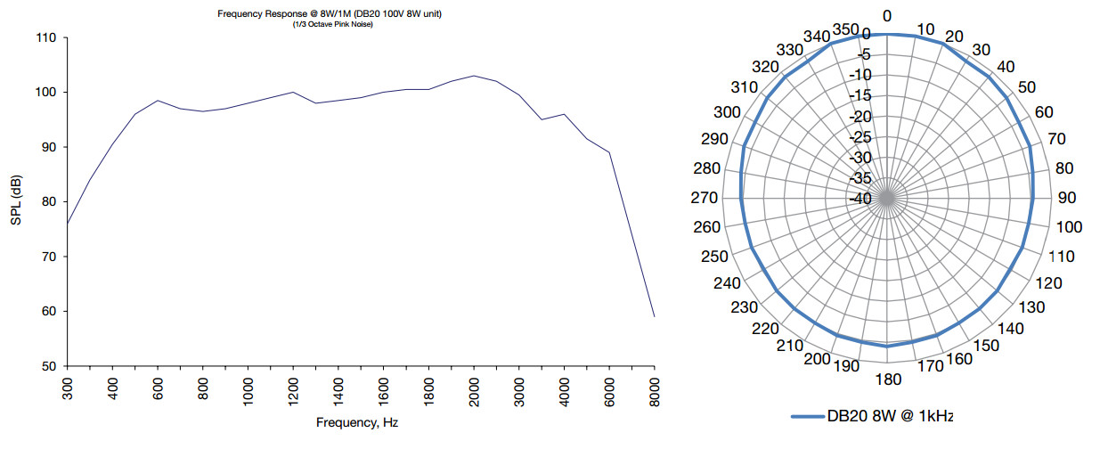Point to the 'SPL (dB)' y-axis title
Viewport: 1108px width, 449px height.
tap(17, 201)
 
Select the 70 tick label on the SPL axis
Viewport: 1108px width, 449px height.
tap(48, 257)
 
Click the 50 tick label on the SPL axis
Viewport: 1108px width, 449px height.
tap(48, 366)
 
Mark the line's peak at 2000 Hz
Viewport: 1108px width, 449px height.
tap(474, 76)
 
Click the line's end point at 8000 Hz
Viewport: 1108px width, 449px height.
tap(655, 316)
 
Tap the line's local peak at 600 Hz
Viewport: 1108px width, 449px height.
tap(158, 101)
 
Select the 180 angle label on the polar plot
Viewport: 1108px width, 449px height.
tap(888, 380)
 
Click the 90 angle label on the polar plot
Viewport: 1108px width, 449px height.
tap(1065, 199)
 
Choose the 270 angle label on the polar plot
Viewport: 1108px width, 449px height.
tap(706, 199)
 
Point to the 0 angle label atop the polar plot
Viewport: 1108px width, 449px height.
tap(887, 16)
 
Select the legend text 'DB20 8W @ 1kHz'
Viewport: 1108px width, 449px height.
tap(891, 416)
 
